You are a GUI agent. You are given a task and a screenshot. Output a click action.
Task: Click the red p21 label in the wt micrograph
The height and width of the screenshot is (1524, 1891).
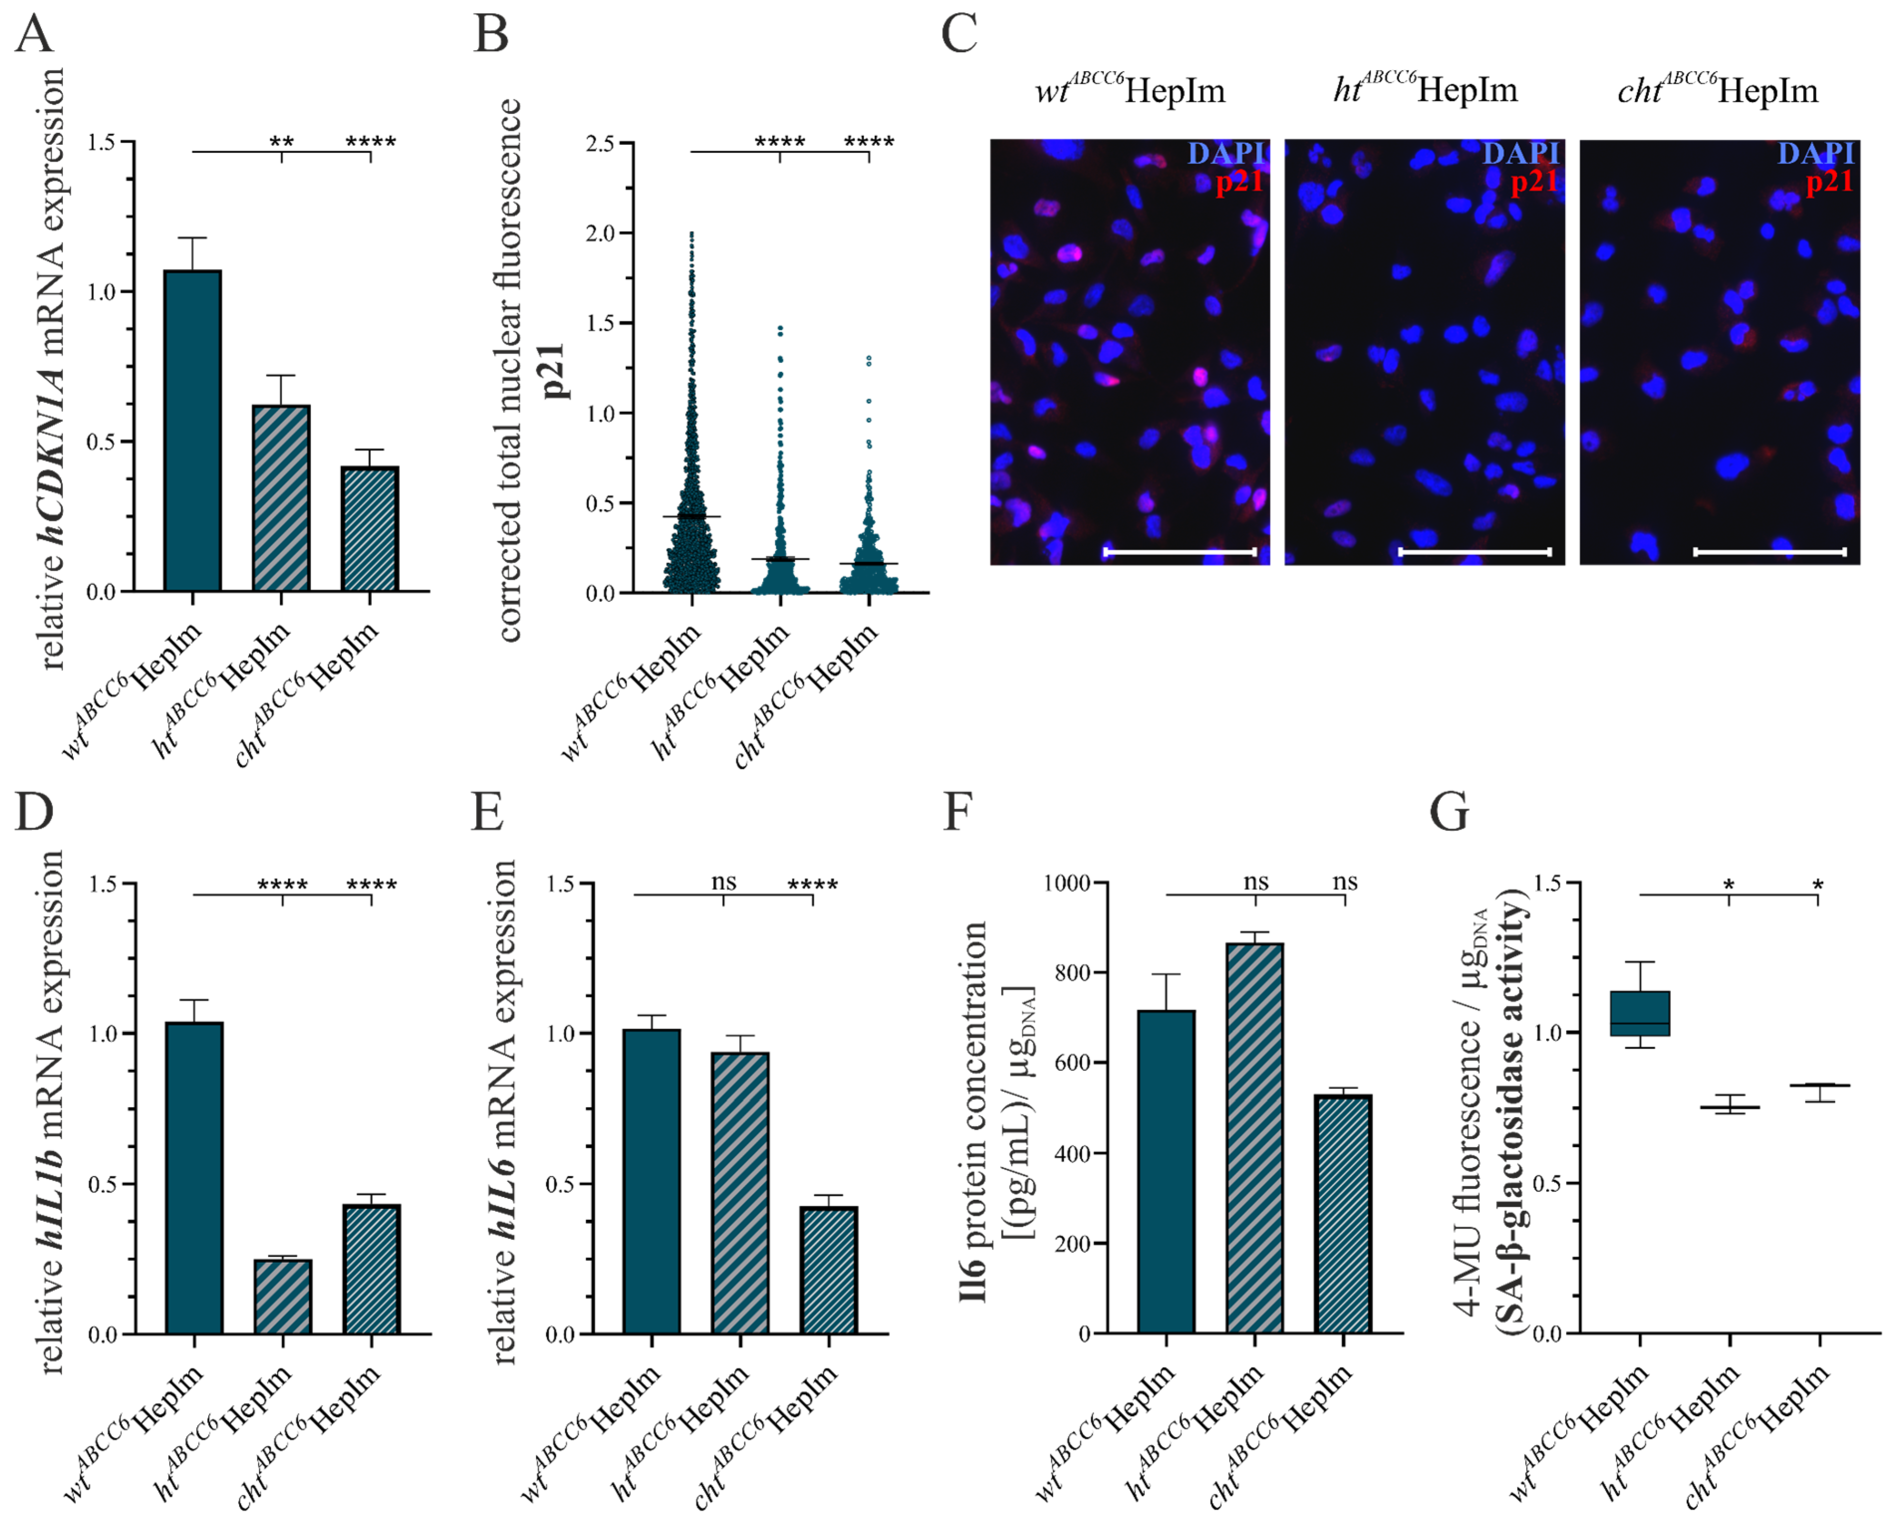[x=1239, y=182]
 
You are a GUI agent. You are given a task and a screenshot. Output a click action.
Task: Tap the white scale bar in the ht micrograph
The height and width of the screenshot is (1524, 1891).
[x=1474, y=551]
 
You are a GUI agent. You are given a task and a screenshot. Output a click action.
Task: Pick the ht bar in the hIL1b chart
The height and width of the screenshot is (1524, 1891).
[x=283, y=1296]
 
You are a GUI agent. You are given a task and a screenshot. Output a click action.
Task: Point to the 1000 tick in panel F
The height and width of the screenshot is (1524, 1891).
[x=1067, y=883]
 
